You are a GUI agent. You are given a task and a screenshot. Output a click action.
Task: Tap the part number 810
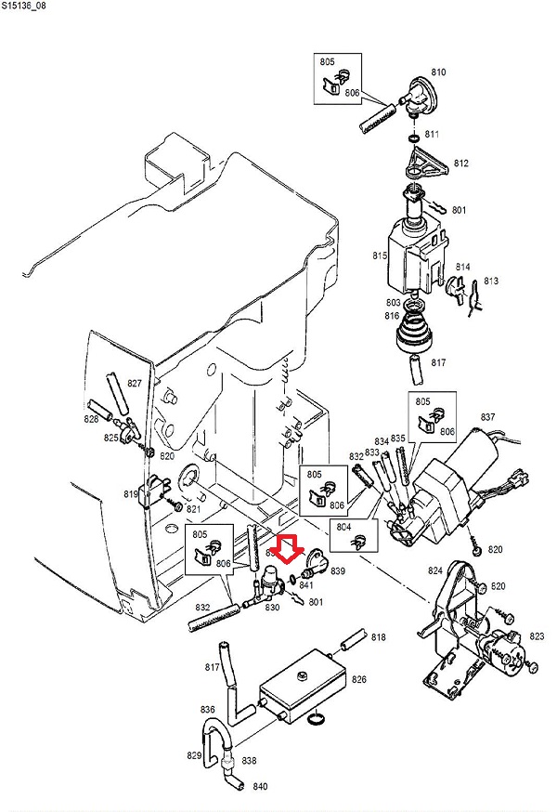(x=439, y=72)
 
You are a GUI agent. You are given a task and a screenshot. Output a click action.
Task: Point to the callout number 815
(x=379, y=255)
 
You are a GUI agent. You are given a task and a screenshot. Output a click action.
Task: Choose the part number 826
(x=358, y=680)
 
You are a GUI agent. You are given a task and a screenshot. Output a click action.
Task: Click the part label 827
(x=135, y=384)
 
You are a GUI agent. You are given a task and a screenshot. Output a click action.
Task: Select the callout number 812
(x=461, y=164)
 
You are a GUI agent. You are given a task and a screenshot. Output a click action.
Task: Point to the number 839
(x=337, y=571)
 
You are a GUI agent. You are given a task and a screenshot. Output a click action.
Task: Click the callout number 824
(x=434, y=570)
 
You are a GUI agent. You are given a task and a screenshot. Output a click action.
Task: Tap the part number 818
(x=378, y=637)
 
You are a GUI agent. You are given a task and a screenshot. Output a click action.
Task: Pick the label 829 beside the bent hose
(x=193, y=755)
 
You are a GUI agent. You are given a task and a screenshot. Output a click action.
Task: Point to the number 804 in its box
(x=345, y=526)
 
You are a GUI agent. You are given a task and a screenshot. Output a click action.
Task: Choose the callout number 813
(x=491, y=281)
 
